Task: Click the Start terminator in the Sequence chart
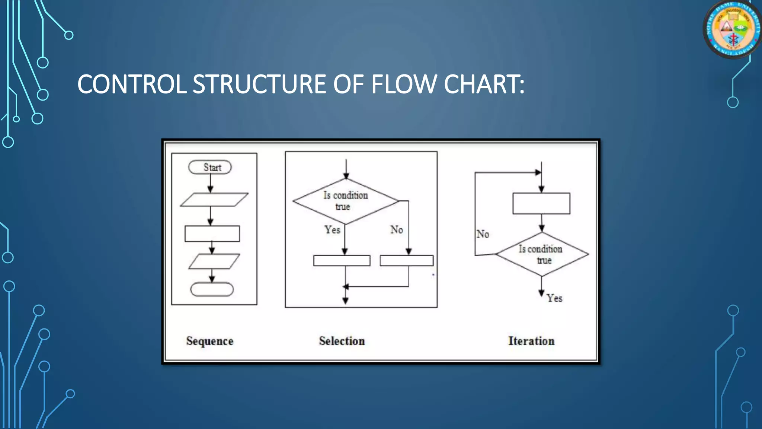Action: click(x=210, y=167)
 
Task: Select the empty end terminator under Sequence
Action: click(x=212, y=289)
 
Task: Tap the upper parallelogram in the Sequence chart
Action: click(x=214, y=200)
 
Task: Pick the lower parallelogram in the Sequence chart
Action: click(x=214, y=261)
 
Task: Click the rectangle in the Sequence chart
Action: click(x=212, y=233)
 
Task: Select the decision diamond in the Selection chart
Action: click(x=346, y=201)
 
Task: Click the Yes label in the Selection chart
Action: click(x=332, y=230)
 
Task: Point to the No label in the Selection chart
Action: click(x=397, y=230)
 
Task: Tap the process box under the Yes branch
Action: click(x=342, y=260)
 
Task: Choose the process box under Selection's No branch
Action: click(x=406, y=260)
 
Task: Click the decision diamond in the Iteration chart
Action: click(x=542, y=254)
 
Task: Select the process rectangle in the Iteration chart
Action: click(x=541, y=203)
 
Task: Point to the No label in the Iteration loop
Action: click(x=483, y=234)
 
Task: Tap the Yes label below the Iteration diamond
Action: click(x=554, y=298)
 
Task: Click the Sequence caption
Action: click(x=210, y=341)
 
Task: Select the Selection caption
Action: click(x=342, y=341)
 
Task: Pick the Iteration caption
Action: click(x=531, y=341)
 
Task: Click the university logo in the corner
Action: click(x=732, y=29)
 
